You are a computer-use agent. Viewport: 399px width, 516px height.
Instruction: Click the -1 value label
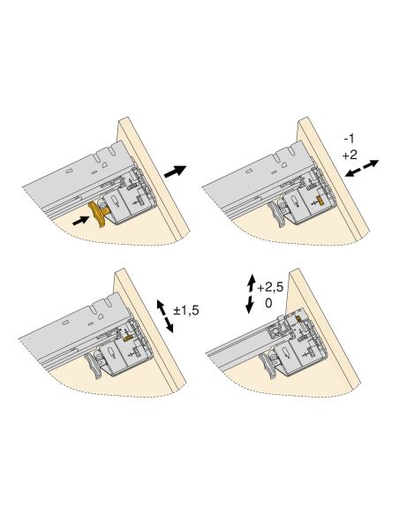(x=350, y=139)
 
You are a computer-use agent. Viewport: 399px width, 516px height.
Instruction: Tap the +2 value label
(x=350, y=155)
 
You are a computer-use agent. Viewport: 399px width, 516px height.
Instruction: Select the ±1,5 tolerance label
(x=186, y=310)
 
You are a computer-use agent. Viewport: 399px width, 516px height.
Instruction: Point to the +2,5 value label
(x=270, y=288)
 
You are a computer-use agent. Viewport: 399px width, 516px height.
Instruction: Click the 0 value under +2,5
(x=268, y=303)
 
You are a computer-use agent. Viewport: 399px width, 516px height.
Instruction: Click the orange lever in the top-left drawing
(x=97, y=213)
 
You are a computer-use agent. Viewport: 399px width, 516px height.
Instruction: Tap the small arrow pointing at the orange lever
(x=81, y=220)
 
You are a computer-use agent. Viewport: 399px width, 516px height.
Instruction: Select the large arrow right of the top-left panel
(x=175, y=171)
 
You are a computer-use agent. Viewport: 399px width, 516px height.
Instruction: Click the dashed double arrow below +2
(x=362, y=169)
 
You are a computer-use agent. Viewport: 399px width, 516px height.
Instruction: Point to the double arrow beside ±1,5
(x=165, y=316)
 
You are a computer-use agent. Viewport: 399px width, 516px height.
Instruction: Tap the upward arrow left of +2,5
(x=252, y=284)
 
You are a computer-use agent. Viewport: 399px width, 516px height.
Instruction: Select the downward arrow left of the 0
(x=250, y=305)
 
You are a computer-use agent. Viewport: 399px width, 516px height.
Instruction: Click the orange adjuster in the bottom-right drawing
(x=298, y=318)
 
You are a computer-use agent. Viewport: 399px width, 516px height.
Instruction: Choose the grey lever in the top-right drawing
(x=276, y=214)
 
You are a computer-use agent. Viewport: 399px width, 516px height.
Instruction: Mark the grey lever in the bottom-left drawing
(x=94, y=366)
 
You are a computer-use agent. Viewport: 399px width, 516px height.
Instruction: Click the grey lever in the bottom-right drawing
(x=268, y=366)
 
